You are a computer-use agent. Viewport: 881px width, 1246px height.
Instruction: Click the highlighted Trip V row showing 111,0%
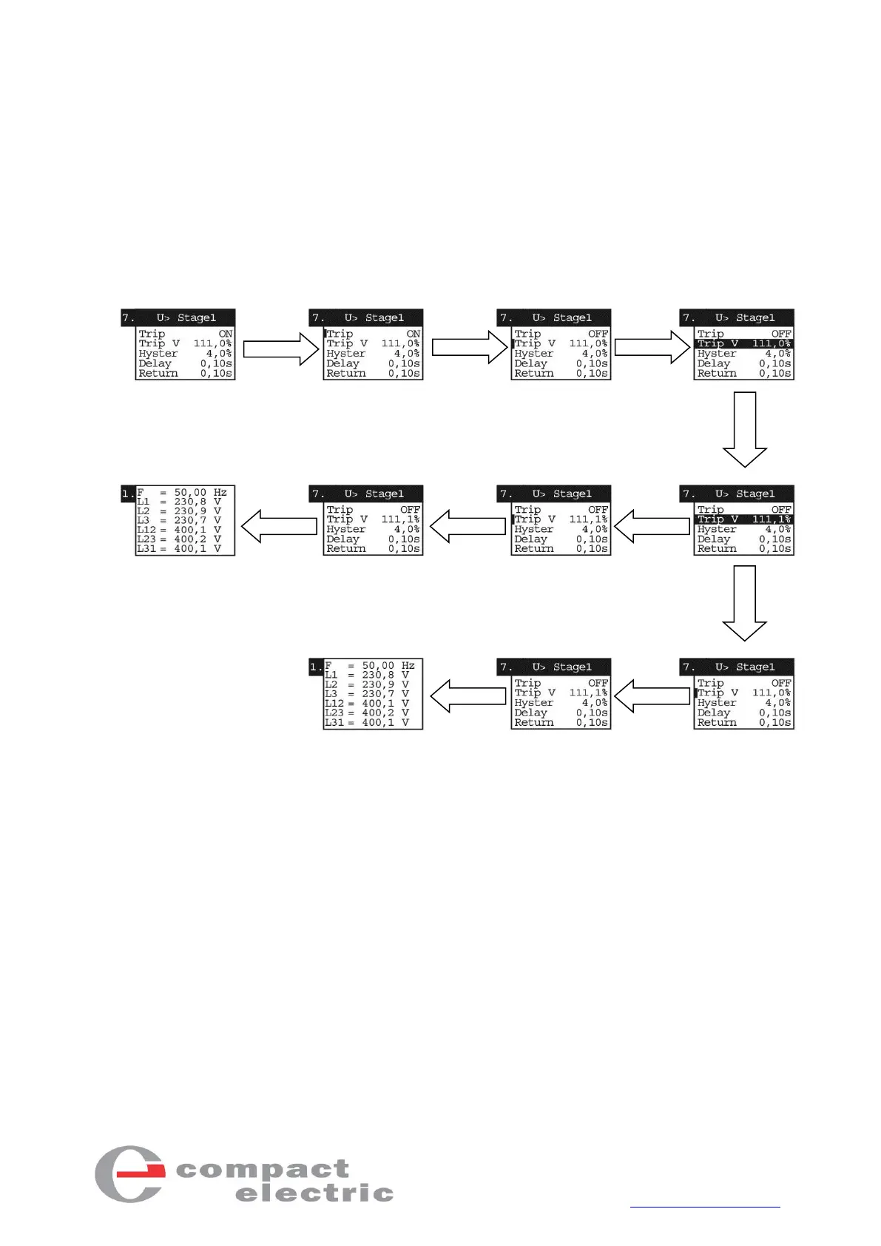743,343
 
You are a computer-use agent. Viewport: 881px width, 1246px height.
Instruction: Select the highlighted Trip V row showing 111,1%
743,519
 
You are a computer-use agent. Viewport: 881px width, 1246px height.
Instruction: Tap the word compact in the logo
262,1170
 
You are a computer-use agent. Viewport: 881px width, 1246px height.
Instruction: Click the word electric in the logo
314,1193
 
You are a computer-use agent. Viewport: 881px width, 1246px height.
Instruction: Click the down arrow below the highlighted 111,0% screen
744,430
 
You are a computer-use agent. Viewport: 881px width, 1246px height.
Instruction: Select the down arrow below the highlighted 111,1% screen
744,604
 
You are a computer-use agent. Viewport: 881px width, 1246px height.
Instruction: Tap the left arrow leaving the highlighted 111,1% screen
652,526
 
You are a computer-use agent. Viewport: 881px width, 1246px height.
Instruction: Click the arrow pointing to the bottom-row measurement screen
467,696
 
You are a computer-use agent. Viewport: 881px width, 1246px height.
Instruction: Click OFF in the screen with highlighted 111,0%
781,334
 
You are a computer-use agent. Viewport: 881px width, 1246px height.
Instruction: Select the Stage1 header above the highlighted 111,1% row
755,494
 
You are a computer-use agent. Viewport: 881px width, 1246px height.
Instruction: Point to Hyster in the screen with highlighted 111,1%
716,529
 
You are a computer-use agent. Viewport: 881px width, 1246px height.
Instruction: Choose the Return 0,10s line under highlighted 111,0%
743,374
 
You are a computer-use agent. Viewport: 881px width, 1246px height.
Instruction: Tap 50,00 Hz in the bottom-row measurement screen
388,666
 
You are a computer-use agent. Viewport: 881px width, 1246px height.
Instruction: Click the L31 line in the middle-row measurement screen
178,549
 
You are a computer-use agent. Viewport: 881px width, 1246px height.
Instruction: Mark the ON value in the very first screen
225,334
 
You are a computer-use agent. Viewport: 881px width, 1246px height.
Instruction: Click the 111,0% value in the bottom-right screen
771,693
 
